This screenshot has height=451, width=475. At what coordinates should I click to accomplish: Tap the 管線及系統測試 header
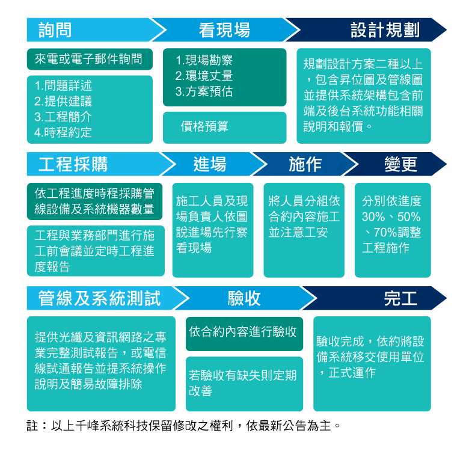100,298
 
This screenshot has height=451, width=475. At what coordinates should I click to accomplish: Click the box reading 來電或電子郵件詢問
89,59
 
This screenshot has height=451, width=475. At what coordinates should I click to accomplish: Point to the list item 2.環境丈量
204,76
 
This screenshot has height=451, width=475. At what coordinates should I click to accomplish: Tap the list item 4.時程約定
63,132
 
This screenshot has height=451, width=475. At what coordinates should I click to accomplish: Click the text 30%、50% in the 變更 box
391,216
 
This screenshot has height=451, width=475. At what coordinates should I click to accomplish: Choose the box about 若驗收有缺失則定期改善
244,383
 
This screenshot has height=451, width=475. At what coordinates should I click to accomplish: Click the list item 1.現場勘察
204,61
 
